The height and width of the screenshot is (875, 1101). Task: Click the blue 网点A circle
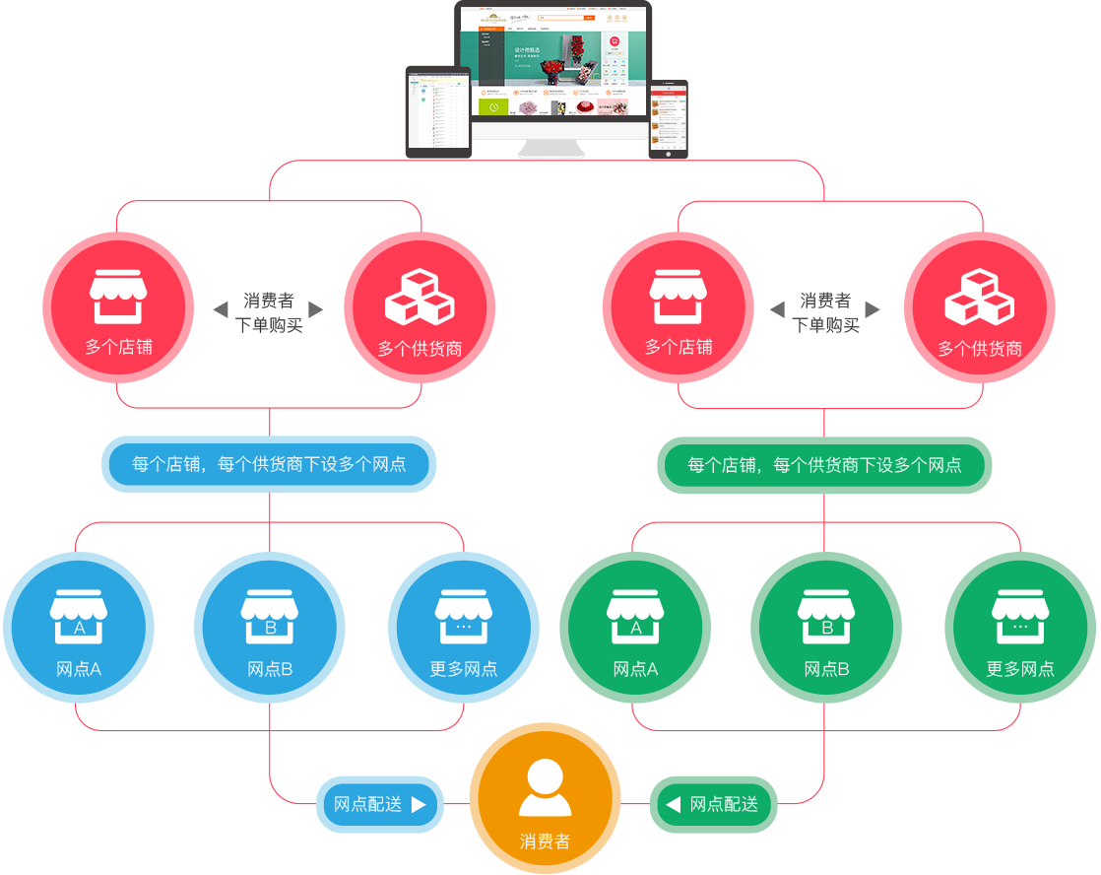point(79,628)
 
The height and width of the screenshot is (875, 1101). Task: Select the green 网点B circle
point(826,628)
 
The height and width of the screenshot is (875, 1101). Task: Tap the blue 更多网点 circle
point(464,628)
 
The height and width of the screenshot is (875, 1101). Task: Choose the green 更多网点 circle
point(1020,628)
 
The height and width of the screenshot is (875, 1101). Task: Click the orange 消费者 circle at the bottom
point(545,798)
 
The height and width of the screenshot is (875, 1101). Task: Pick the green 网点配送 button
point(713,805)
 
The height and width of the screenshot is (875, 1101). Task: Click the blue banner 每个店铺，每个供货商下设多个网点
point(269,464)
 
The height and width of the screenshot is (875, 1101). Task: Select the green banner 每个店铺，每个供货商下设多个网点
point(824,464)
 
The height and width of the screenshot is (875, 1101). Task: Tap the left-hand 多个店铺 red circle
point(118,308)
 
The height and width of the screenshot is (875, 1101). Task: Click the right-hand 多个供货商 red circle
point(979,308)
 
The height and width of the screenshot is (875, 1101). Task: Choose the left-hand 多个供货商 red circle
point(420,308)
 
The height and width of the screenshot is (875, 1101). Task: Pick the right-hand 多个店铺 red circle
point(679,308)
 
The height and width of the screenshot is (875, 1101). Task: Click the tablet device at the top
point(438,110)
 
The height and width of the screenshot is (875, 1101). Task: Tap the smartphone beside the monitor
point(668,118)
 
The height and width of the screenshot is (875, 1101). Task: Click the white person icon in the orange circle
point(545,787)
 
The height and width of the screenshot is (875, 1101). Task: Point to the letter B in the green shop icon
point(827,628)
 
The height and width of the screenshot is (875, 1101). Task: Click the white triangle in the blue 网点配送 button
point(419,805)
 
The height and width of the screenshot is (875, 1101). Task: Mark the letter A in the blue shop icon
point(80,628)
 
